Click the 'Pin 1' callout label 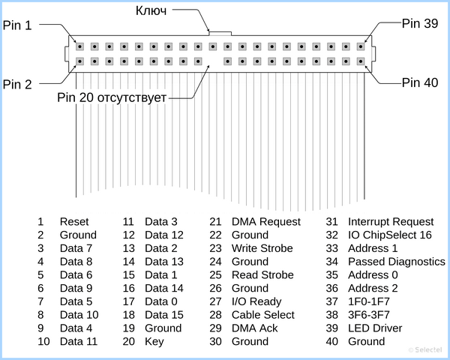click(17, 25)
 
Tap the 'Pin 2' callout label click(17, 85)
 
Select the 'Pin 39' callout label click(419, 23)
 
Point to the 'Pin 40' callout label click(419, 82)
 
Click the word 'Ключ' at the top click(151, 10)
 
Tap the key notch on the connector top click(220, 34)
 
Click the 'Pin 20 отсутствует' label click(112, 97)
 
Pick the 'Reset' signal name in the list click(74, 222)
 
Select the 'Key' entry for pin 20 click(154, 342)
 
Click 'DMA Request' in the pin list click(266, 222)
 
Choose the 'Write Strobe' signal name click(262, 248)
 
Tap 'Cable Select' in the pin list click(263, 315)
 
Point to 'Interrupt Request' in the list click(391, 222)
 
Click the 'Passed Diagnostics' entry click(397, 262)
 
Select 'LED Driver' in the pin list click(375, 328)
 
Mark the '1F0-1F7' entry click(369, 301)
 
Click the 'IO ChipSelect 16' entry click(390, 235)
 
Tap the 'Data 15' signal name click(164, 315)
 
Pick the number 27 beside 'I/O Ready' click(215, 301)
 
